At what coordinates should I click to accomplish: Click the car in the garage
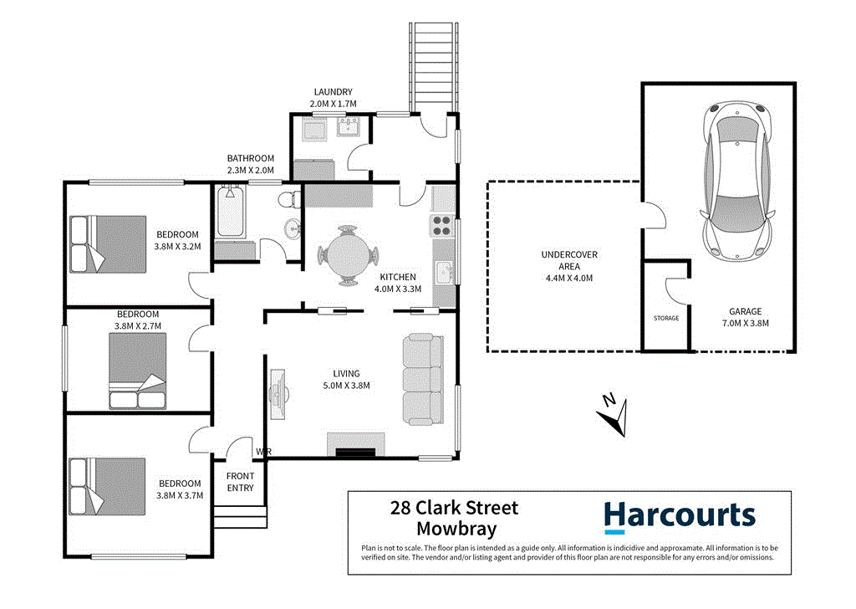tap(736, 179)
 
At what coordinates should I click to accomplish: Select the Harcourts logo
tap(679, 515)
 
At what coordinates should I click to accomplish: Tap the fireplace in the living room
tap(355, 445)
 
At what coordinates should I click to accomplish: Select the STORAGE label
tap(666, 319)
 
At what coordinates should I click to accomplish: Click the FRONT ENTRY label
tap(240, 482)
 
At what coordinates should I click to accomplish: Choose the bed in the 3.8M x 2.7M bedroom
tap(137, 371)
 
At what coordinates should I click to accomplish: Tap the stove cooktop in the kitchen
tap(441, 227)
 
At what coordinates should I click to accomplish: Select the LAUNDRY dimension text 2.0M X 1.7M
tap(333, 104)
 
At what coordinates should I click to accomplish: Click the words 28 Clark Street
tap(455, 508)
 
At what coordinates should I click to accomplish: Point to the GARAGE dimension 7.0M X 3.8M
tap(744, 323)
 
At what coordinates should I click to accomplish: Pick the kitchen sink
tap(443, 272)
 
